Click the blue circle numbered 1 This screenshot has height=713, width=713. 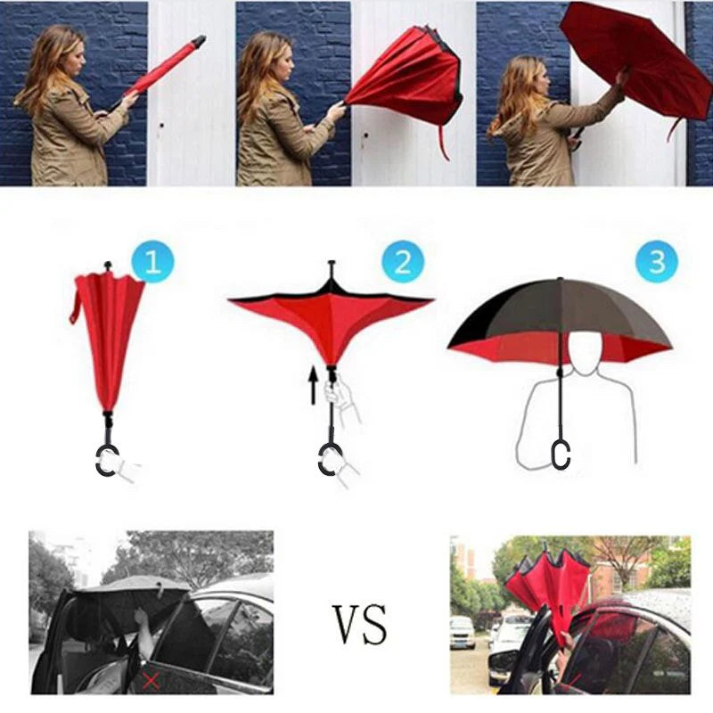(x=152, y=262)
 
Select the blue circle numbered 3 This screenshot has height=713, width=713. (x=657, y=262)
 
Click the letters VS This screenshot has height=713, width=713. (x=361, y=623)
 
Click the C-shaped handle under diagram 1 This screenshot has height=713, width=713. (x=106, y=459)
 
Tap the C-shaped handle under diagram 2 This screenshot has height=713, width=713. (x=330, y=459)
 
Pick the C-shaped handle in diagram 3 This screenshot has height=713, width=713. (x=560, y=453)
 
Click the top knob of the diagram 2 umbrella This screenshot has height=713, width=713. (x=332, y=267)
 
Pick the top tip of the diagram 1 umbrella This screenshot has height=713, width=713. (x=107, y=266)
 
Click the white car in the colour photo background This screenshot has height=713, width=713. (x=463, y=632)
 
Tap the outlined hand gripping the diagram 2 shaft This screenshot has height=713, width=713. (x=343, y=397)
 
